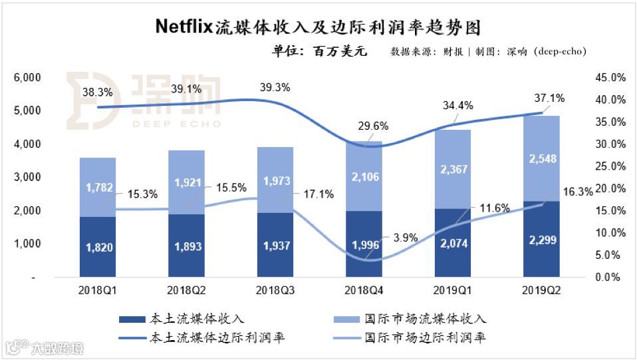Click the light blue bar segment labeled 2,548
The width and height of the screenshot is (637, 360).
(542, 158)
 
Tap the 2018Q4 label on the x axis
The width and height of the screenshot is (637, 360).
(364, 291)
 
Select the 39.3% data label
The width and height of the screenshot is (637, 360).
(275, 87)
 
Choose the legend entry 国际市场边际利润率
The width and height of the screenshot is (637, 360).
(426, 338)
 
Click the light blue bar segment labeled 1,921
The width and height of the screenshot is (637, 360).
(186, 182)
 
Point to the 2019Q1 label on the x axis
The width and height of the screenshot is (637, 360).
(453, 291)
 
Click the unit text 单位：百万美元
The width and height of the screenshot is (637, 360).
(318, 51)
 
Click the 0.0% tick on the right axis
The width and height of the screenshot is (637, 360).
(610, 277)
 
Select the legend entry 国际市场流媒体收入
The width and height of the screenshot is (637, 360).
(426, 319)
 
